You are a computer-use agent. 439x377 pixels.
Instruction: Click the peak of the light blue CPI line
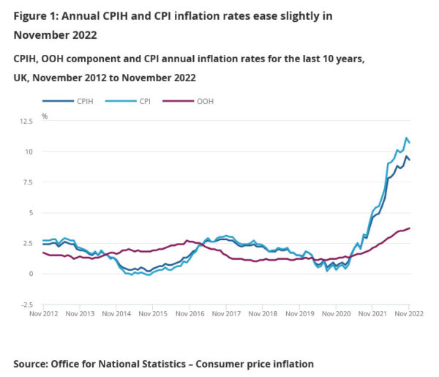pos(406,138)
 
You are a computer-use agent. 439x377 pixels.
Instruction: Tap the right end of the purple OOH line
pos(410,228)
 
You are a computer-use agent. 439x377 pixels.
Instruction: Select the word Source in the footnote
pos(31,364)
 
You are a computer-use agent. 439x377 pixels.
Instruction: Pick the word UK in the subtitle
pos(21,77)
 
